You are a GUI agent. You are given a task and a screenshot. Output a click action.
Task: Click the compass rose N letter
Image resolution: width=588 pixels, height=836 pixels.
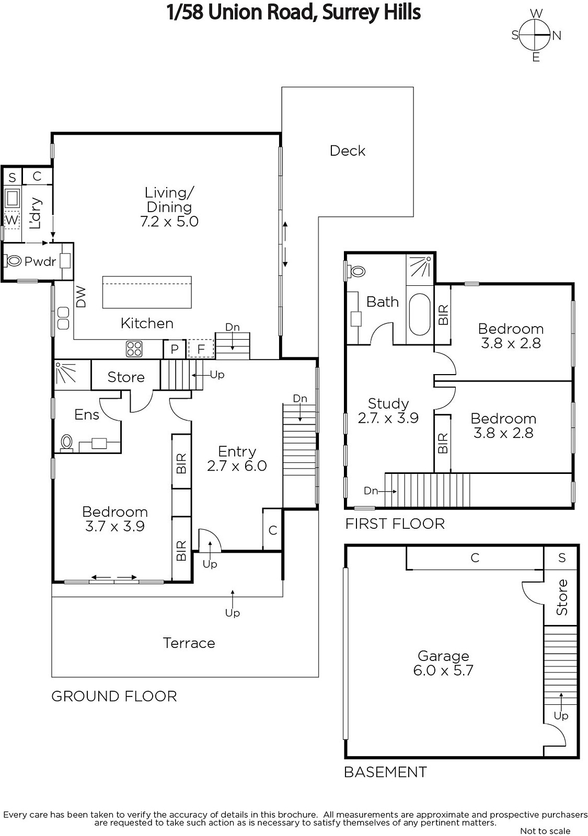[557, 36]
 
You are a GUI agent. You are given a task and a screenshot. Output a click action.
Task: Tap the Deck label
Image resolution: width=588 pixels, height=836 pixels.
[347, 151]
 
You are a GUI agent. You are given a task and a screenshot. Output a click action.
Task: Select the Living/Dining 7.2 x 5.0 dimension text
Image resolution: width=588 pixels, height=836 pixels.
[169, 222]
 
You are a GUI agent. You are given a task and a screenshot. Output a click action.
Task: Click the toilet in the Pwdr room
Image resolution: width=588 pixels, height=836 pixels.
[13, 261]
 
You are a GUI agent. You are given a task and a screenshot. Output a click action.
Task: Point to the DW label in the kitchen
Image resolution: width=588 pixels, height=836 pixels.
[81, 297]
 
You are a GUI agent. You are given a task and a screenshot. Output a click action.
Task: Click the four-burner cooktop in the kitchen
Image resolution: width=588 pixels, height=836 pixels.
[134, 349]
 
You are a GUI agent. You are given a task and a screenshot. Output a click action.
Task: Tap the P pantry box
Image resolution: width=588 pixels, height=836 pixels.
[175, 349]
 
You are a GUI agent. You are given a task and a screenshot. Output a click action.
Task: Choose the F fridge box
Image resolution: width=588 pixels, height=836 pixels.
[201, 349]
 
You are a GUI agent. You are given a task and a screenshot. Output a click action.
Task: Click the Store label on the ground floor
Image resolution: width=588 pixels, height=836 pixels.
[126, 377]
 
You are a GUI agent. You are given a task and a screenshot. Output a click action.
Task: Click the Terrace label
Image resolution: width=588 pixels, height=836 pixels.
[189, 643]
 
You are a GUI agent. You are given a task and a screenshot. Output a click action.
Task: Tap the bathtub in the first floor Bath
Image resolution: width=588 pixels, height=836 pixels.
[420, 314]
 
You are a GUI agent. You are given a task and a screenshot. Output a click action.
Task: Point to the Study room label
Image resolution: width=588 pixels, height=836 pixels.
[388, 403]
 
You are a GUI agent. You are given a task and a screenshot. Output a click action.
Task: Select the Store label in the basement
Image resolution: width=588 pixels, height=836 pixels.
[561, 597]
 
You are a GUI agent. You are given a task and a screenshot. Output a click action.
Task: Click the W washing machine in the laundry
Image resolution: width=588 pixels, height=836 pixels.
[12, 219]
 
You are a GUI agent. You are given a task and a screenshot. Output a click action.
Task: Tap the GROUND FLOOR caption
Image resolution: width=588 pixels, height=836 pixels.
[114, 696]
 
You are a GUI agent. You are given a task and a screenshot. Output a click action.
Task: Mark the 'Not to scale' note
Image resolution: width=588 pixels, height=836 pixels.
[545, 831]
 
